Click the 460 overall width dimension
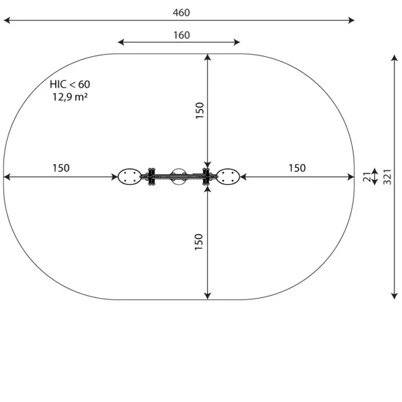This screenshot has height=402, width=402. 181,12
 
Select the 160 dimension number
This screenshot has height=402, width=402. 181,35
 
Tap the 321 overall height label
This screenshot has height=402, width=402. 387,177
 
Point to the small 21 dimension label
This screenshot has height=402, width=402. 367,177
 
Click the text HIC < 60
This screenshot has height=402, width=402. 70,85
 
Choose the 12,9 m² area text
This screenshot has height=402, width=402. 70,97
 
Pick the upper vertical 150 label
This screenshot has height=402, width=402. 199,111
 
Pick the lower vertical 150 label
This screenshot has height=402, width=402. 199,242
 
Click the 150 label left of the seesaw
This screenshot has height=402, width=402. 61,168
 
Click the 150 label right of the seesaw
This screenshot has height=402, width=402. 297,168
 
